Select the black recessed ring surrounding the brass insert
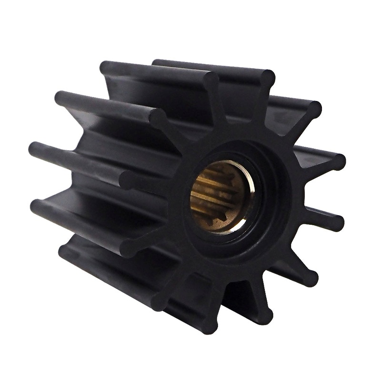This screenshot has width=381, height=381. (267, 200)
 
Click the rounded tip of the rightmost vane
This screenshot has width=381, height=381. (337, 222)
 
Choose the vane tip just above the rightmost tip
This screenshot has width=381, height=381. (337, 162)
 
